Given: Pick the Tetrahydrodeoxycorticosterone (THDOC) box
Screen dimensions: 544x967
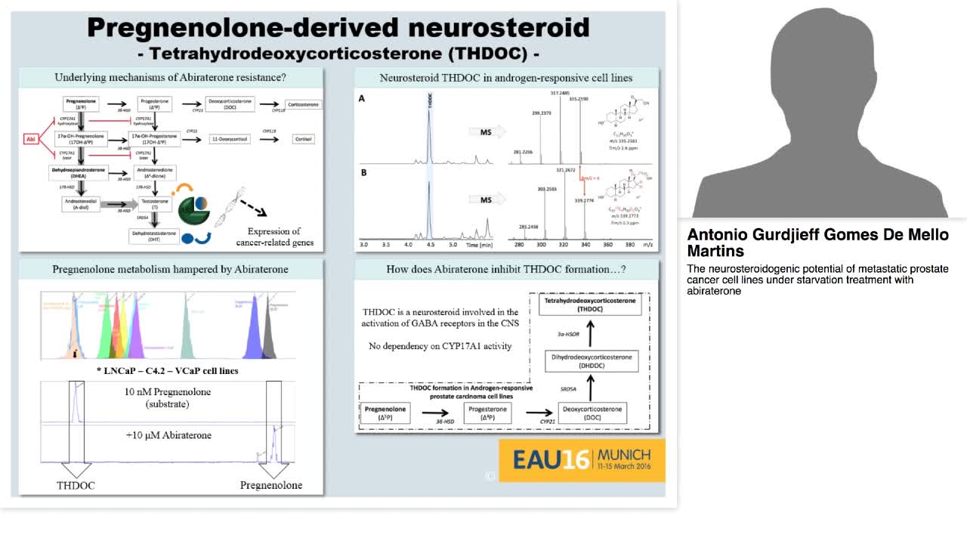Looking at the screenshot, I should click(x=592, y=304).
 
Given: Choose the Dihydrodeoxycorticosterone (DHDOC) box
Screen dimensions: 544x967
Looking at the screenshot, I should click(x=592, y=360).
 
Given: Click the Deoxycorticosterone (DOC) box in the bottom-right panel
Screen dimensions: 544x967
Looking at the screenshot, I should click(x=592, y=413).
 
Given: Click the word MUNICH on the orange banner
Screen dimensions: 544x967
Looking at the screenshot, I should click(x=624, y=454).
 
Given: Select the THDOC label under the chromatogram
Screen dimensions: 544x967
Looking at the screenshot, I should click(x=76, y=485).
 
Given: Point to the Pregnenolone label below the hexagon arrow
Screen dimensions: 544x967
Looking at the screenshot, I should click(x=271, y=485).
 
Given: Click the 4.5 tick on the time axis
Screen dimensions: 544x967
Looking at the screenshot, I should click(x=430, y=245).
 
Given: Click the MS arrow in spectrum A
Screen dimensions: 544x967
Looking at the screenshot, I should click(x=484, y=132).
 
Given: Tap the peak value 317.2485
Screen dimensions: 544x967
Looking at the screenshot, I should click(x=560, y=93).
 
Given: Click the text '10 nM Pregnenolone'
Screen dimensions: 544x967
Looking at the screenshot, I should click(x=168, y=392).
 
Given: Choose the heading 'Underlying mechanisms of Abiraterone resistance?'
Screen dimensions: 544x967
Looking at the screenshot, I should click(x=170, y=77).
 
